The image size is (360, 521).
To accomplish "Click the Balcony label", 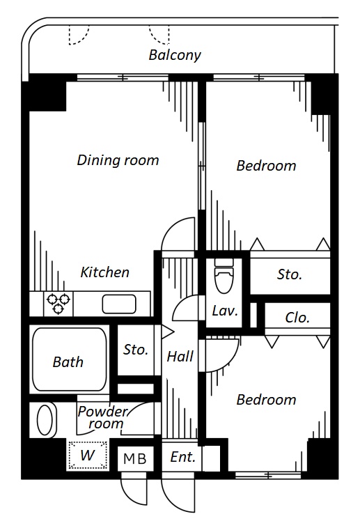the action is point(175,55).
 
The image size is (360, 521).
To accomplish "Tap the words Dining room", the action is point(118,160).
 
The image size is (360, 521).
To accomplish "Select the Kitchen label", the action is point(104,272).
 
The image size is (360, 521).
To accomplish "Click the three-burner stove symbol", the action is point(58,304).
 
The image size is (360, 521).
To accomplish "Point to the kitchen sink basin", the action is point(119,304).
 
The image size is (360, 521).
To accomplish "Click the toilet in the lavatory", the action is point(224,275).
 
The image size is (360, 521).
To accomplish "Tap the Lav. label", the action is point(225,311).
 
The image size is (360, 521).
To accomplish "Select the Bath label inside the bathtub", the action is point(68,361).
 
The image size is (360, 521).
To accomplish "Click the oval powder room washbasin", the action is point(45,420).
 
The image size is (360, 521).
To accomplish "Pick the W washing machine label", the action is point(88,455).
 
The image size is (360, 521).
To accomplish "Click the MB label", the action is point(135,459).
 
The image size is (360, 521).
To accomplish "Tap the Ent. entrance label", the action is point(182,457).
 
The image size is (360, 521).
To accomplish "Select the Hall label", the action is point(180,357).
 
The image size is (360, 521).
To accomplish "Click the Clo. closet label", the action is point(297,318).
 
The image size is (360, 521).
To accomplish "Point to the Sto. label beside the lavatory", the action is point(290,274).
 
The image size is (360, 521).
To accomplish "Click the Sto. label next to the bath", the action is point(136,350).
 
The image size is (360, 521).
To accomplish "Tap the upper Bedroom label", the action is point(266,166).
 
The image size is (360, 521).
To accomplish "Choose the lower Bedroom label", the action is point(266,400).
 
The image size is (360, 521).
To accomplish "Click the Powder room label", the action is point(102,417).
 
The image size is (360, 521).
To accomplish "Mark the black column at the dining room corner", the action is point(44,93).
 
